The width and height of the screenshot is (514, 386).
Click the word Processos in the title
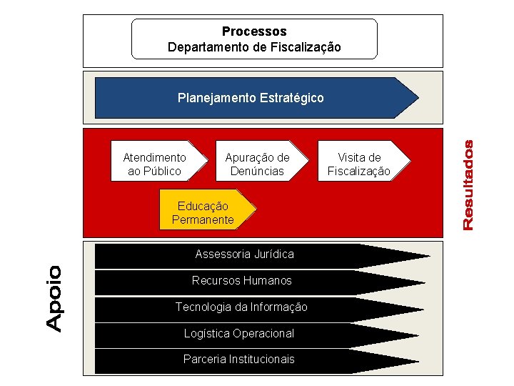[x=254, y=31]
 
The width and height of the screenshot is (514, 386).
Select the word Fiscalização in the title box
[x=307, y=47]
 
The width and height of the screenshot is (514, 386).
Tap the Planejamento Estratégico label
[x=251, y=97]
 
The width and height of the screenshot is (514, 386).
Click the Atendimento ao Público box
[x=155, y=164]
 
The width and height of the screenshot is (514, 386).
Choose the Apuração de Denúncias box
[x=257, y=164]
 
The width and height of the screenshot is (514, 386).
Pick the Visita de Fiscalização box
[x=359, y=164]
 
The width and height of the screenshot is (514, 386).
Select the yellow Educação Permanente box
[x=203, y=212]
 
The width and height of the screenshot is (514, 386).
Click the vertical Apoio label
[x=54, y=297]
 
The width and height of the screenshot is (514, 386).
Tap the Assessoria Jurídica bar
[x=244, y=254]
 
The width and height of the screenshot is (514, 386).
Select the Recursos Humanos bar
[x=242, y=280]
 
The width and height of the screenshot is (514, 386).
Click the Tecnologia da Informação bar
[x=241, y=307]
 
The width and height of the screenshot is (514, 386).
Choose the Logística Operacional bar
[x=238, y=333]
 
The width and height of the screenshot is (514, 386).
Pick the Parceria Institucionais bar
[x=238, y=359]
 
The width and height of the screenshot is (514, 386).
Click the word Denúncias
[x=257, y=171]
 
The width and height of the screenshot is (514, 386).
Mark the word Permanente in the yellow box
[x=203, y=219]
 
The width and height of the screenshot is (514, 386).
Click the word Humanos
[x=268, y=280]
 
